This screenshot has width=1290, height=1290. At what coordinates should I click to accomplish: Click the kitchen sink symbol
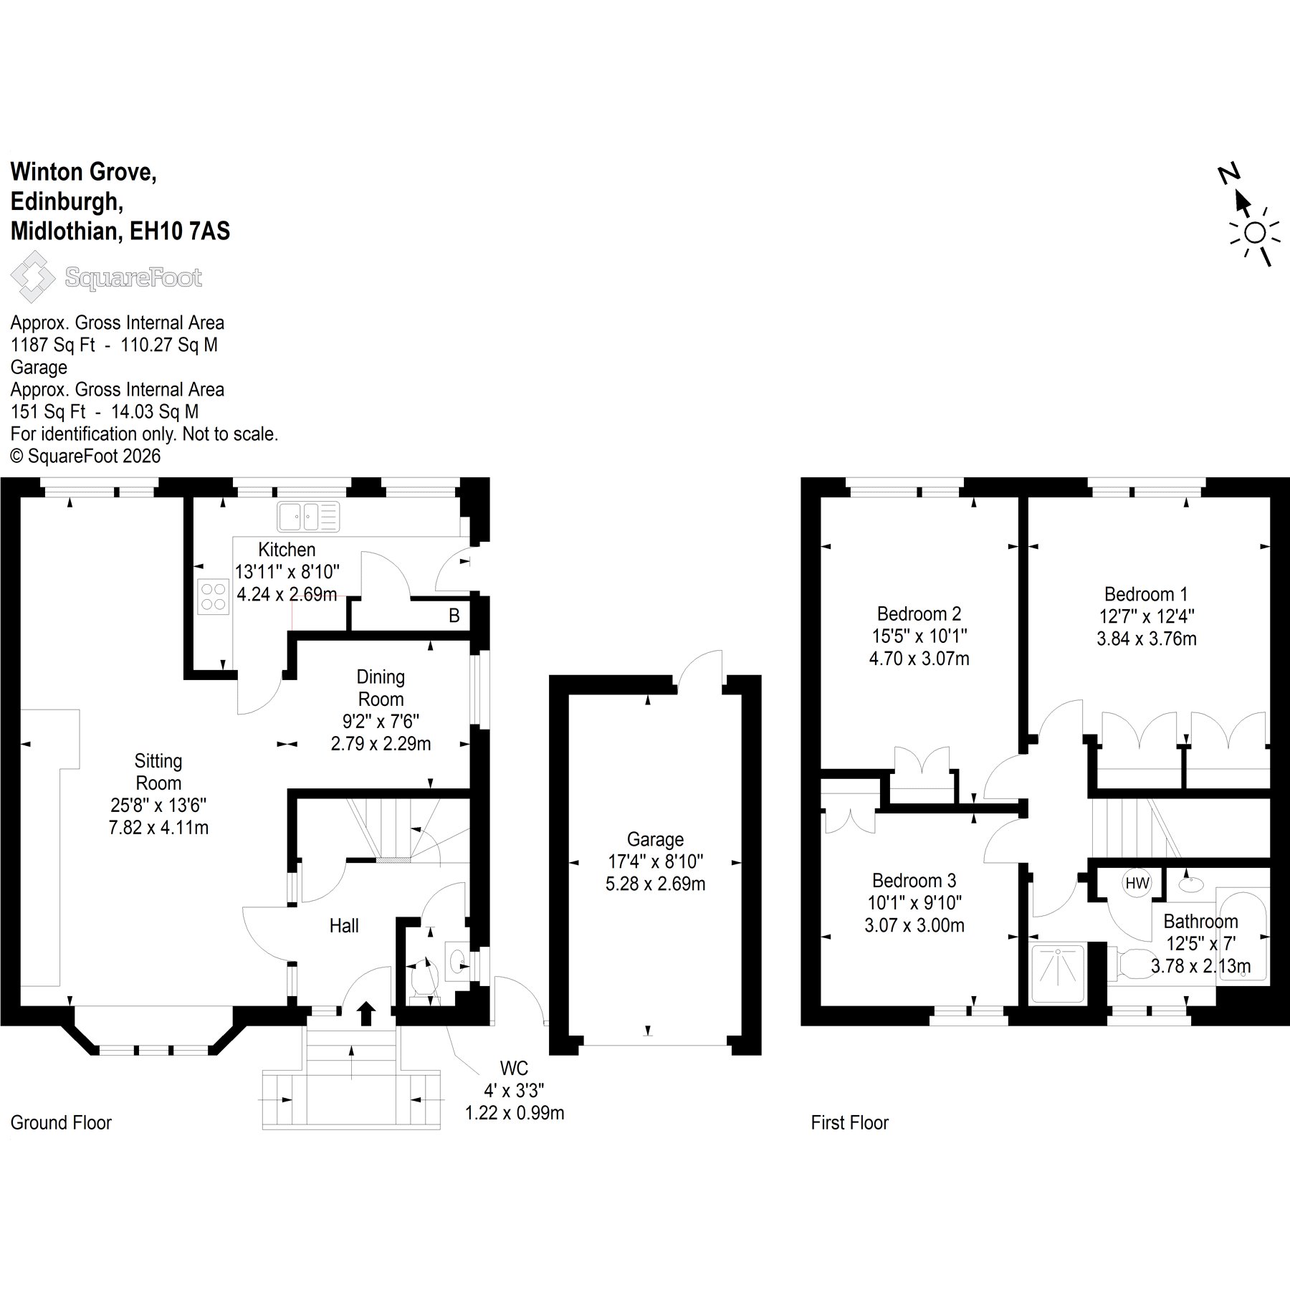point(308,516)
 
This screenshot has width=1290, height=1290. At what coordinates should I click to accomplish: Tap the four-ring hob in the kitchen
point(213,597)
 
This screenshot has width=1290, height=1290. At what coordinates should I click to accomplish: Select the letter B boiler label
point(454,615)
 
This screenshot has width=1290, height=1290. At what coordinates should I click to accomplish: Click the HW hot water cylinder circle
point(1137,884)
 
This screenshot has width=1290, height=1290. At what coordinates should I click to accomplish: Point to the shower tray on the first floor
point(1058,974)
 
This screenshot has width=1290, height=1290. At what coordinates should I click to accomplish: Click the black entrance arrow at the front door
point(366,1013)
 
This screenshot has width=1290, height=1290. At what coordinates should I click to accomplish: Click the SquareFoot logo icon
point(32,280)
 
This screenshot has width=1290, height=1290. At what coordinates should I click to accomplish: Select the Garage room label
point(655,839)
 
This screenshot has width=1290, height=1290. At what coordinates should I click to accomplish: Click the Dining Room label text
point(381,687)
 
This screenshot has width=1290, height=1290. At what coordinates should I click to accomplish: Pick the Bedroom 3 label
point(914,880)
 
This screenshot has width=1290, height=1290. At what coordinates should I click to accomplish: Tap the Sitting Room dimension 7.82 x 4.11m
point(158,827)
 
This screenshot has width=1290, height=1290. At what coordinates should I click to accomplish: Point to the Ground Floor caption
point(61,1122)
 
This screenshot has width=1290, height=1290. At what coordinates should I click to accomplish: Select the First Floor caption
point(849,1122)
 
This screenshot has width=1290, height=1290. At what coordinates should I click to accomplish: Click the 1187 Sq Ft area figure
point(52,345)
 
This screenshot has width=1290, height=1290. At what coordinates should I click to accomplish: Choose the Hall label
point(344,926)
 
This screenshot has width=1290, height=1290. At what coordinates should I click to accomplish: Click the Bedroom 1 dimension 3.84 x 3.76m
point(1147,639)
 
